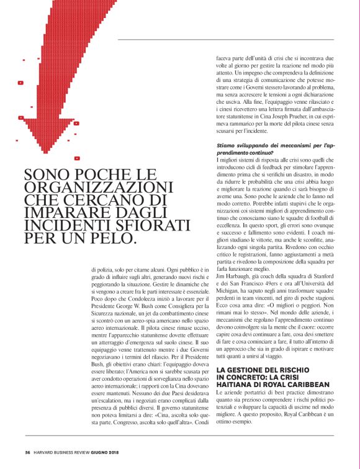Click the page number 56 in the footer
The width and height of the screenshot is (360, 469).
click(x=28, y=452)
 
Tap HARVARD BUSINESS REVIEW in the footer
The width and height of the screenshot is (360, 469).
click(x=69, y=452)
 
